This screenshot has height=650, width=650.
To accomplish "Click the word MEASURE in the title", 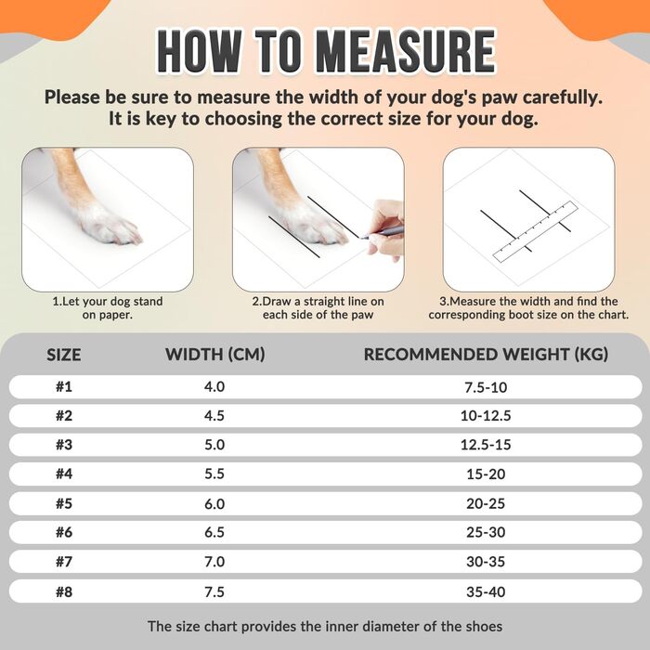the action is tap(406, 52).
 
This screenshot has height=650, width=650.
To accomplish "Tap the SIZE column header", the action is tap(63, 356).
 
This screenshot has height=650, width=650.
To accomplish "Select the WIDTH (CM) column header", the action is tap(214, 355).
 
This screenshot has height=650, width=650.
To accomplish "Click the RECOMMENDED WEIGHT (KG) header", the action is tap(486, 355).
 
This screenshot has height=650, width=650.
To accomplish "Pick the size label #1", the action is tap(64, 387).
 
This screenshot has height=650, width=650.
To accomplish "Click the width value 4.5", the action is tap(214, 416).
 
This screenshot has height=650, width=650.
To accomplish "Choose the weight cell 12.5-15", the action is tap(486, 445).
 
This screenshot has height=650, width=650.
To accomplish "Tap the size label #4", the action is tap(64, 474).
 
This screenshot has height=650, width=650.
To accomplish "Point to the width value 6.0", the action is tap(214, 503).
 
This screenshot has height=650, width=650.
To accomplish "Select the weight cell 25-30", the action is tap(486, 532).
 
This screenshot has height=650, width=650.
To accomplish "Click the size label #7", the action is tap(64, 562).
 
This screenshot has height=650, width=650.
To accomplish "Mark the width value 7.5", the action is tap(214, 592).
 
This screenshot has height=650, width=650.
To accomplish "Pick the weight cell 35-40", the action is tap(486, 592).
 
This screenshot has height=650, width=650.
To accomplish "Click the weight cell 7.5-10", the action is tap(486, 387).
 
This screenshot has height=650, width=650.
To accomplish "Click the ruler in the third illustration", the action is tap(535, 231).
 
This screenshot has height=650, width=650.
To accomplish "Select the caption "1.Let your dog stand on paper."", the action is tap(108, 308).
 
